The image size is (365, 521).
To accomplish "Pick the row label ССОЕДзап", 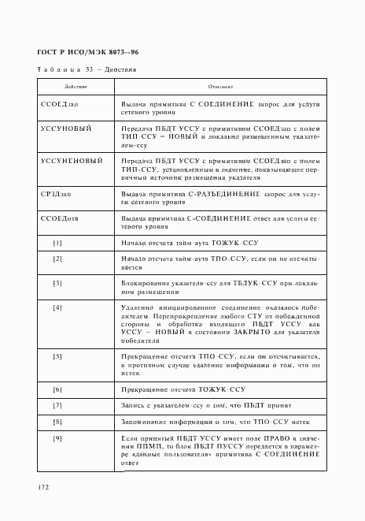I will click(x=58, y=104).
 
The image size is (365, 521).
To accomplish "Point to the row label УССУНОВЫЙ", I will click(x=66, y=128).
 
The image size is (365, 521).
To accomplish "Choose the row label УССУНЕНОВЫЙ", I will click(x=72, y=161).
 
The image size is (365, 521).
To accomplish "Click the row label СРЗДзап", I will click(x=57, y=194).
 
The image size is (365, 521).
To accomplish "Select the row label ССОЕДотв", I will click(x=59, y=217).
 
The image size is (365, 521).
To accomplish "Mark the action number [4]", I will click(x=57, y=307).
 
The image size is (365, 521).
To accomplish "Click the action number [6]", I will click(x=57, y=390).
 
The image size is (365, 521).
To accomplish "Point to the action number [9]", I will click(x=57, y=437).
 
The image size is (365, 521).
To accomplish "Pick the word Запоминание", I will click(x=143, y=421).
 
